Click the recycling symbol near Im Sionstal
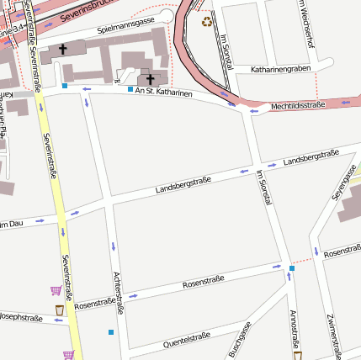pyautogui.click(x=207, y=20)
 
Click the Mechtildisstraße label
pyautogui.click(x=297, y=106)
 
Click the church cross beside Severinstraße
pyautogui.click(x=63, y=50)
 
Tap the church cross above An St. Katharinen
pyautogui.click(x=151, y=78)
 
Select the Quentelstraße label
pyautogui.click(x=186, y=339)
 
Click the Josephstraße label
pyautogui.click(x=20, y=318)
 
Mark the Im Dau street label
pyautogui.click(x=10, y=224)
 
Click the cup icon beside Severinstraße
pyautogui.click(x=60, y=312)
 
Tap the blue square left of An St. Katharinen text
pyautogui.click(x=130, y=89)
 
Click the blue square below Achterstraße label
pyautogui.click(x=111, y=332)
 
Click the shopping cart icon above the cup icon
pyautogui.click(x=56, y=291)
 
